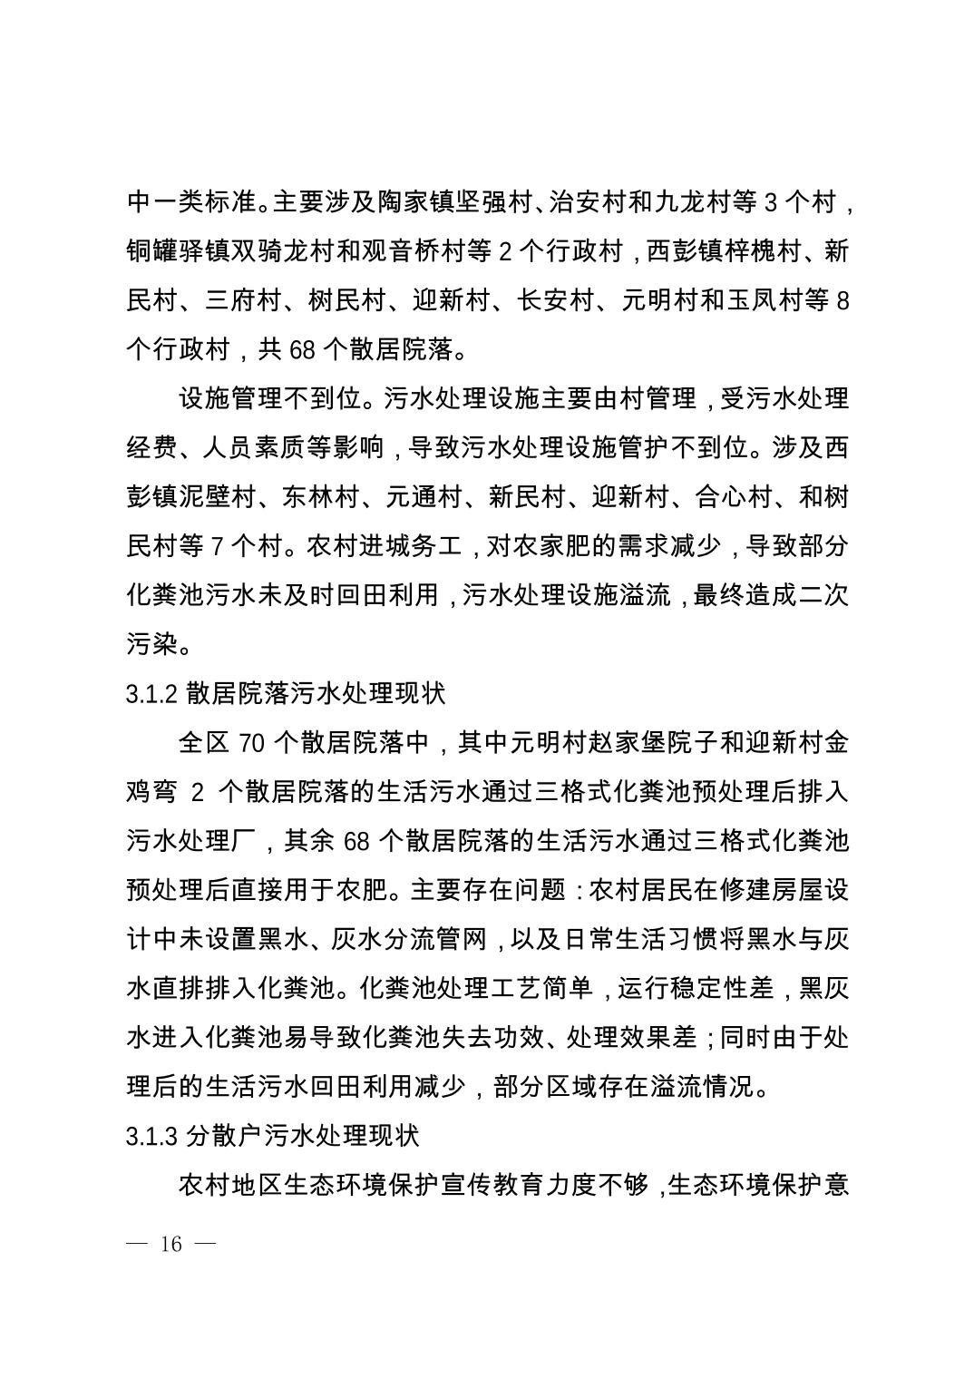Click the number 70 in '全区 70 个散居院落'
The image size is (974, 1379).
[249, 744]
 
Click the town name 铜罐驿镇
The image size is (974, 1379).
[179, 251]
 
